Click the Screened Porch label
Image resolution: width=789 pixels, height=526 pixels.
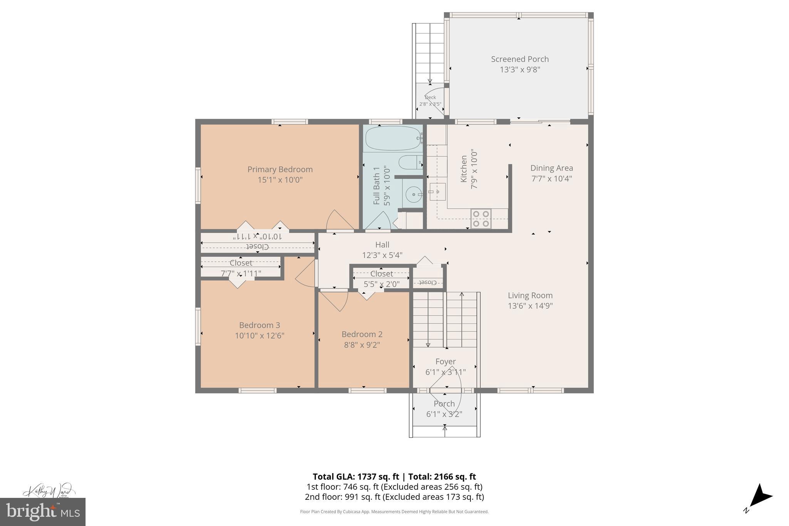519,59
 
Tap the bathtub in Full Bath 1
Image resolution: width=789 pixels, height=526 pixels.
393,138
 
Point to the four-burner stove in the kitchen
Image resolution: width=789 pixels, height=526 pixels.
481,218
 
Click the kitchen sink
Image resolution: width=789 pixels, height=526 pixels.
437,192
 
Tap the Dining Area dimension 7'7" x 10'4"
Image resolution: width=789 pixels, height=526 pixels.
551,179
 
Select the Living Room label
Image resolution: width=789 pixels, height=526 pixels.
530,296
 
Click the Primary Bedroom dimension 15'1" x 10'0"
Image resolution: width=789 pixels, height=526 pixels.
280,180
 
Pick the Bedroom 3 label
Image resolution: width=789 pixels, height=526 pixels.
259,325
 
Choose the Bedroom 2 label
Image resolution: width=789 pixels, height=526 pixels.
362,334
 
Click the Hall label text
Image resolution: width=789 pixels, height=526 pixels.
382,245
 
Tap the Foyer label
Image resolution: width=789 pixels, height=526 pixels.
445,361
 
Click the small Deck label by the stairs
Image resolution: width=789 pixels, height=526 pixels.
430,97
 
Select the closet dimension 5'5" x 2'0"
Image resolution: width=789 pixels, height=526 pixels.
381,284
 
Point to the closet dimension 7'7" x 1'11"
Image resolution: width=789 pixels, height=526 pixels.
241,273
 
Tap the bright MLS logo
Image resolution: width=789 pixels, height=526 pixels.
42,512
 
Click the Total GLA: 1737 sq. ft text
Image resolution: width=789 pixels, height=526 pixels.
356,477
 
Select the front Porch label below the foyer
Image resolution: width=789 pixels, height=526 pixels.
444,404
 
